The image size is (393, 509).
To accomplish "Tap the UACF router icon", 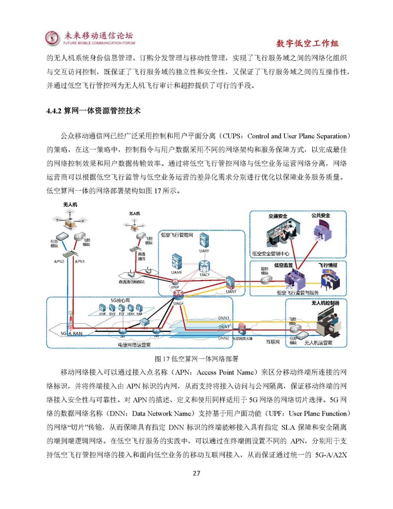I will coord(205,266).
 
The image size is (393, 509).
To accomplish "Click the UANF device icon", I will coord(230,283).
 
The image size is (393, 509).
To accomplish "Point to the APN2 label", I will coord(59,262).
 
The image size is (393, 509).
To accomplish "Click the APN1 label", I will coord(80,262).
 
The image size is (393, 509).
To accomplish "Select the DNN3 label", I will coord(224,318).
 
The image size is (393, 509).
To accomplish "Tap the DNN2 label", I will coord(224,338).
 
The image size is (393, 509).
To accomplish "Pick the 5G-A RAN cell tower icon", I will coord(70,320).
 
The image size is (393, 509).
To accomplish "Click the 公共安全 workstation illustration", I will coord(322,231).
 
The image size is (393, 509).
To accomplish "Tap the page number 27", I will coord(196,473).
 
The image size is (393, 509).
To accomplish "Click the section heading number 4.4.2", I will coord(54,111).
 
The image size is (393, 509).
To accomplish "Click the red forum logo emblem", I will coord(52,38).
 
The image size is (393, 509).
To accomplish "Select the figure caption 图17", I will coord(161,359).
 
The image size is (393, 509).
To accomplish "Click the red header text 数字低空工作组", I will coord(307,44).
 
